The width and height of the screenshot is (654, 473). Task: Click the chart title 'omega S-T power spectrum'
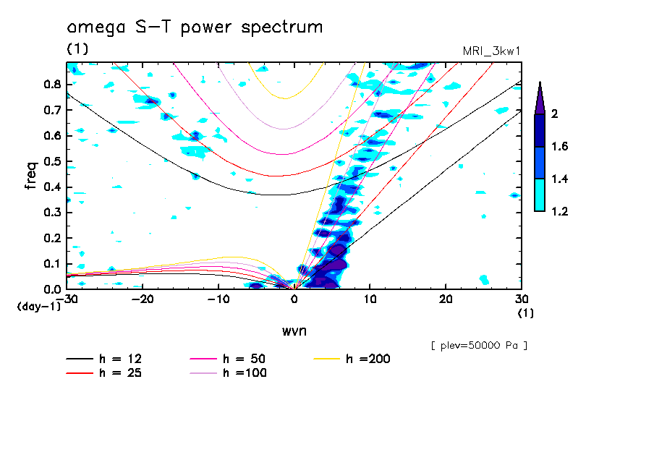coord(195,28)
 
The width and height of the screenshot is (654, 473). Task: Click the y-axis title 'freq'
coord(30,176)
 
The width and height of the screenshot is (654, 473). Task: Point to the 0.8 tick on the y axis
coord(51,85)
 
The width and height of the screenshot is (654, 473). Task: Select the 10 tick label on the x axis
coord(370,298)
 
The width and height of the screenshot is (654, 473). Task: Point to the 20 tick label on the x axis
coord(446,298)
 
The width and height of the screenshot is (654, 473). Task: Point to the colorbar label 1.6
coord(560,147)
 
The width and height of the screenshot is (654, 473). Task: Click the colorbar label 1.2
coord(560,211)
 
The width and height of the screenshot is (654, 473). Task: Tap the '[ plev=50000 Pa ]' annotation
coord(479,346)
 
